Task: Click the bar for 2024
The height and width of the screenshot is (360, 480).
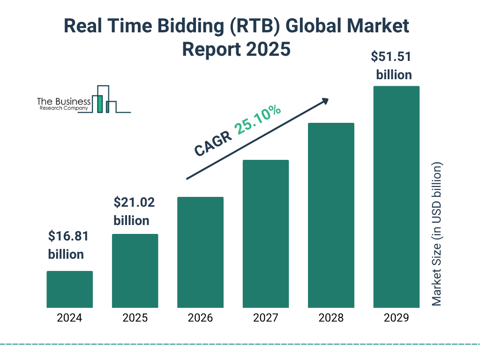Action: click(x=69, y=289)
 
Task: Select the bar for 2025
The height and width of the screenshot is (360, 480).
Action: click(x=135, y=270)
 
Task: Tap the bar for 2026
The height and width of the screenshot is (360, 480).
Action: click(x=200, y=252)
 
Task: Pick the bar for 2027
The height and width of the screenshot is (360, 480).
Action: click(x=265, y=233)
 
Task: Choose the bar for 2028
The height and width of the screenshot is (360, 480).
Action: click(x=331, y=215)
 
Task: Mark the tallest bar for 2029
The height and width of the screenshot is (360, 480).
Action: click(x=396, y=197)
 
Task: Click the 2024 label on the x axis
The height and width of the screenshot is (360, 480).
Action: click(x=69, y=318)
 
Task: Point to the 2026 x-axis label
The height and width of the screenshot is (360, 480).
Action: click(x=200, y=318)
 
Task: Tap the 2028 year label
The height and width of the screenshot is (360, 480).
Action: click(x=331, y=318)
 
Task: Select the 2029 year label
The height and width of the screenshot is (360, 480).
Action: click(x=396, y=318)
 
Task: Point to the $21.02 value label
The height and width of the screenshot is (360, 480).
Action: click(x=134, y=203)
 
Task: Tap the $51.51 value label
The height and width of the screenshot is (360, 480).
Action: click(x=391, y=57)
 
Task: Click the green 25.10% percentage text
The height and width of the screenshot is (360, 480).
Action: click(x=258, y=120)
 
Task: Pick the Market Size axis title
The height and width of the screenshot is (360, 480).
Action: click(x=437, y=234)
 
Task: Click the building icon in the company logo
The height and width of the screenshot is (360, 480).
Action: click(x=105, y=99)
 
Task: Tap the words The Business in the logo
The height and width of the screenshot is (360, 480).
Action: click(x=64, y=102)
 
